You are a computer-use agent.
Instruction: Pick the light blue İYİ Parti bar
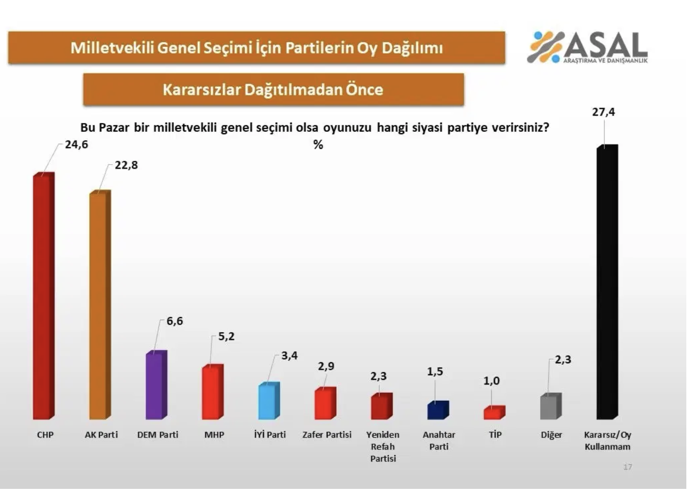[268, 402]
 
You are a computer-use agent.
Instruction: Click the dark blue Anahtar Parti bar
[437, 411]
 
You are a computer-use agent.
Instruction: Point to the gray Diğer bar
[550, 407]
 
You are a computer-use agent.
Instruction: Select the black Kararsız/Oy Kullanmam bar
[606, 283]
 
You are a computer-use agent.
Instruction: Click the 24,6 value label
[76, 145]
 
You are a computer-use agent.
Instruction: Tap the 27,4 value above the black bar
[603, 112]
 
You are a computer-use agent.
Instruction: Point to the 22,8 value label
[126, 166]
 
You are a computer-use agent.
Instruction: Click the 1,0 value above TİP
[491, 381]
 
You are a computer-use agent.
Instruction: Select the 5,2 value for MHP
[226, 337]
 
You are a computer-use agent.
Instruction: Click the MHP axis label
[214, 435]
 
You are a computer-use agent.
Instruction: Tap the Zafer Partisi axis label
[327, 435]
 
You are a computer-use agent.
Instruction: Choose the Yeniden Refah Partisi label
[383, 446]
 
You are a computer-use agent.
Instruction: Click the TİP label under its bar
[495, 435]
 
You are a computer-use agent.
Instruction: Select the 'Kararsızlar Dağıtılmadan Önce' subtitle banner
[273, 90]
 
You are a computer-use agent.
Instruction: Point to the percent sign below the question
[318, 145]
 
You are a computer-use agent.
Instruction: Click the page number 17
[627, 467]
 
